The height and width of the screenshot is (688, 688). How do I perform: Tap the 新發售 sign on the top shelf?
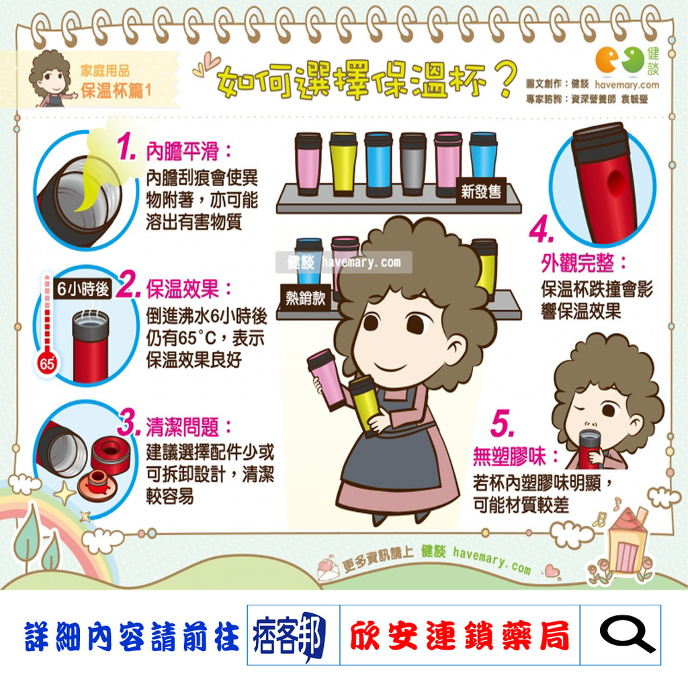click(481, 192)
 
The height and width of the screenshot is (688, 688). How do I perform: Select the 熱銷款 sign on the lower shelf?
click(305, 298)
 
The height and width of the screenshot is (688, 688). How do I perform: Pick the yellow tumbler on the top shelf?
click(343, 163)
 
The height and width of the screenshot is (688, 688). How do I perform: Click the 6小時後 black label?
click(83, 290)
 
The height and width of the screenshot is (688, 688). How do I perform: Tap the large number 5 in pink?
click(503, 425)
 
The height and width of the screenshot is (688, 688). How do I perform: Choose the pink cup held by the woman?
click(327, 378)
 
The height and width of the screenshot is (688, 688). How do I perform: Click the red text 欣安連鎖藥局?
click(459, 635)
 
